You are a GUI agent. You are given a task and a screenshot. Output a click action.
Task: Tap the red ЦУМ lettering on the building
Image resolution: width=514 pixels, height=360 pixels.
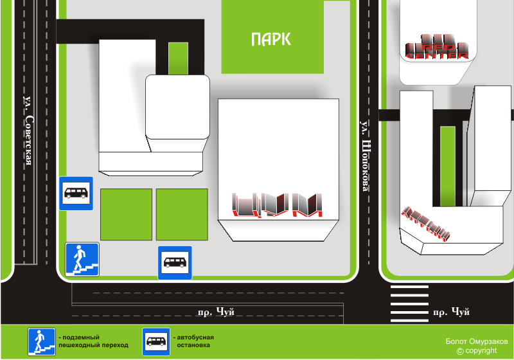(277, 205)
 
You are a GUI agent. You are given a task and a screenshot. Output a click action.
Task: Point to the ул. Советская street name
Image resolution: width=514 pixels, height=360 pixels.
(28, 132)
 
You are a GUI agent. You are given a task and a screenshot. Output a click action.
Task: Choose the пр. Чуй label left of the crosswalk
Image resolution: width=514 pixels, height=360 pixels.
(216, 312)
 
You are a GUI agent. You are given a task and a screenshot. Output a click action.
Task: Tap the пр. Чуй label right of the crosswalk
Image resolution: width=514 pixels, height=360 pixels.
(451, 312)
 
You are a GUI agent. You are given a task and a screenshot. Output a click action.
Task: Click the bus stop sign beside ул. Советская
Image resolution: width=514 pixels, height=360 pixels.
(76, 193)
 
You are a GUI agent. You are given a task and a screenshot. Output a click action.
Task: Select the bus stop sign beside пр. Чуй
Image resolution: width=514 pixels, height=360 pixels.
(175, 262)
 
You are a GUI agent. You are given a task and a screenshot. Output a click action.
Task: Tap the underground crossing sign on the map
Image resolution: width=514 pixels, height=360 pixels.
(82, 260)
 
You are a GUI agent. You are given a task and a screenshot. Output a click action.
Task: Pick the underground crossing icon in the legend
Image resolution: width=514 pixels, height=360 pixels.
(40, 341)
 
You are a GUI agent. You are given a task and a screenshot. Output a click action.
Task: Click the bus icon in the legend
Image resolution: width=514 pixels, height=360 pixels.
(156, 341)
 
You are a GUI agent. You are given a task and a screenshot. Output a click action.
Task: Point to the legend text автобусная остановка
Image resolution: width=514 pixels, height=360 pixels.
(194, 341)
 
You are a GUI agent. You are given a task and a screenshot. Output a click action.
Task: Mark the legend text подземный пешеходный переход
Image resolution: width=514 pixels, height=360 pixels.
(93, 341)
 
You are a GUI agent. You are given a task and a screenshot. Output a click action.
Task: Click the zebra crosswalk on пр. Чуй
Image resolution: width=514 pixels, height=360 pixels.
(409, 303)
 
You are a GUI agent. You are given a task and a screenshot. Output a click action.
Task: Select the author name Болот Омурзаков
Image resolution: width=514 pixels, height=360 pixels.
(476, 341)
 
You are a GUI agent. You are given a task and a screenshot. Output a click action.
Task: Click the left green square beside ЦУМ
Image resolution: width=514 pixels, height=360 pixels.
(127, 214)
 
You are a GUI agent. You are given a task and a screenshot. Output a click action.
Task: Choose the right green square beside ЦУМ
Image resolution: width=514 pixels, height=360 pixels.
(182, 214)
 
